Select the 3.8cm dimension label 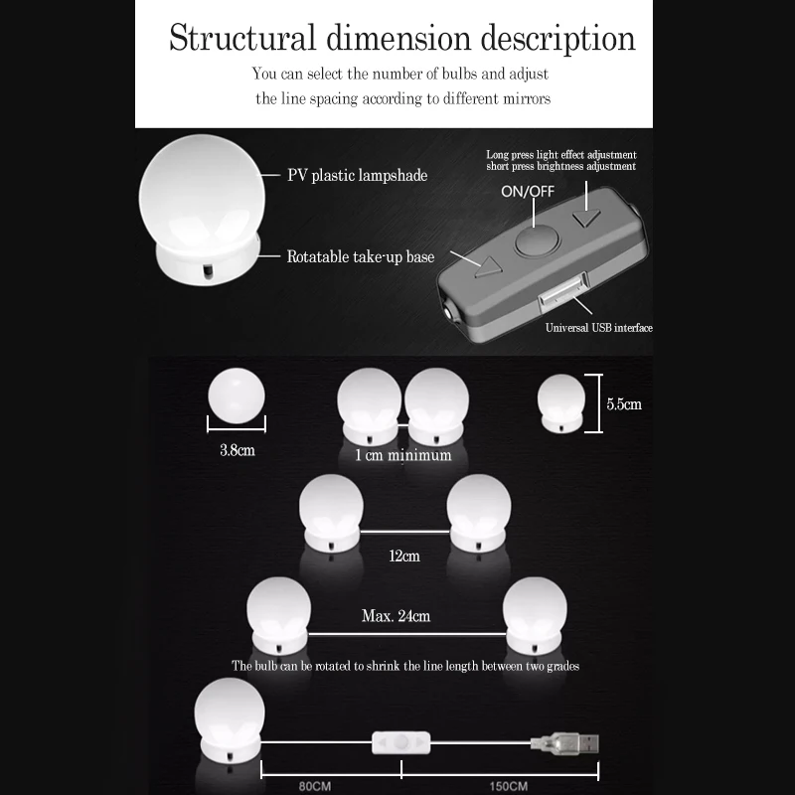click(237, 449)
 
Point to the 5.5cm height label click(624, 404)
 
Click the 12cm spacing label click(404, 556)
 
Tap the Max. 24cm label click(396, 616)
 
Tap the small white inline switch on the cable click(401, 741)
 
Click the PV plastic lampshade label click(357, 176)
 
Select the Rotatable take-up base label click(361, 256)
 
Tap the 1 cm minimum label click(402, 455)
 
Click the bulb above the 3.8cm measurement click(236, 395)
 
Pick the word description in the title click(557, 39)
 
